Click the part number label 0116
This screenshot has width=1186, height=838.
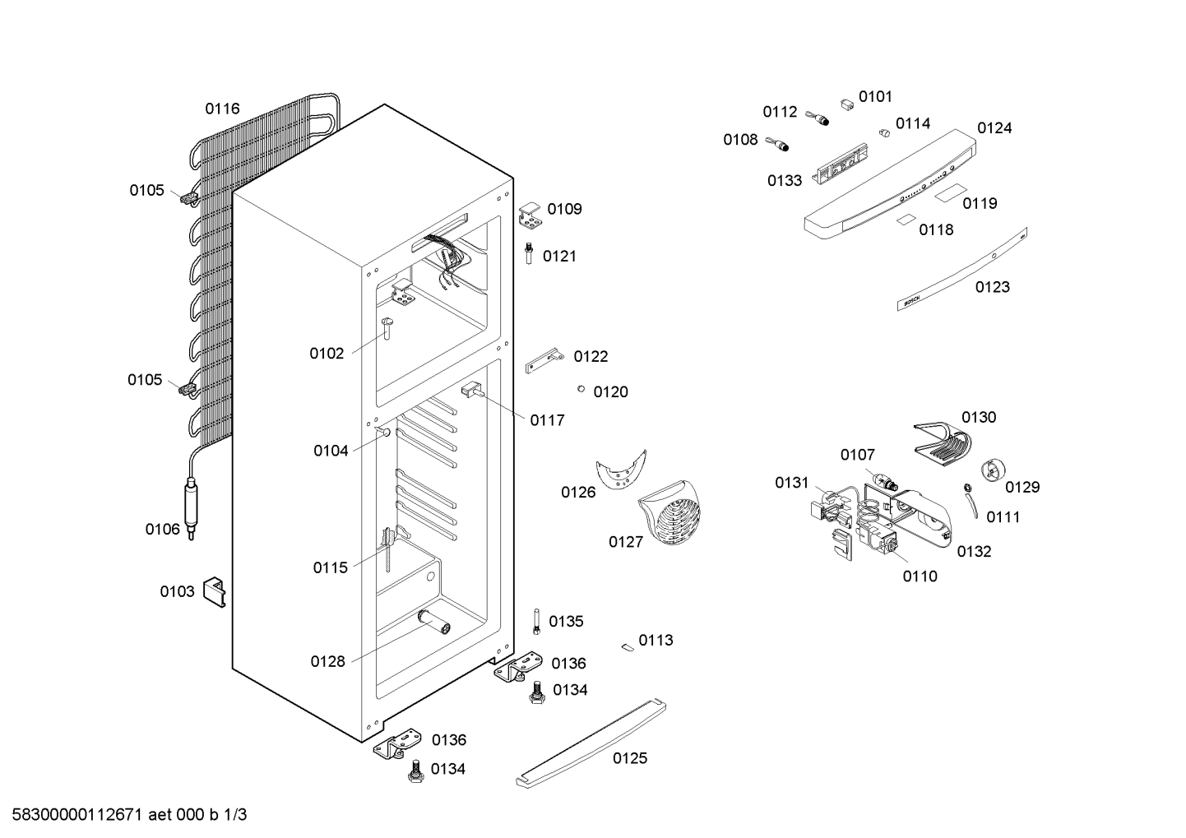(222, 109)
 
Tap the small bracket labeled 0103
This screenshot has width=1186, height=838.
(215, 592)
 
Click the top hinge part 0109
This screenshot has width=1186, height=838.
(530, 215)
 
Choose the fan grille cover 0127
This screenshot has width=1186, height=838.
(669, 512)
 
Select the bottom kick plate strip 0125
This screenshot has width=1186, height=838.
(591, 743)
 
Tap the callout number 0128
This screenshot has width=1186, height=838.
(327, 661)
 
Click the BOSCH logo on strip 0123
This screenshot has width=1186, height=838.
(912, 300)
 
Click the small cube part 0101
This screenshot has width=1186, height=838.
(847, 104)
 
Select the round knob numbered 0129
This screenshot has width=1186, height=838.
(994, 470)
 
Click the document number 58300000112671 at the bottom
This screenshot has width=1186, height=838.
(77, 815)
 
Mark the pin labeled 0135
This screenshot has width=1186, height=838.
(536, 622)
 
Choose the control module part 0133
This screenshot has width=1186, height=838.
(842, 164)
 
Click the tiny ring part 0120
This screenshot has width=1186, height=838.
(581, 389)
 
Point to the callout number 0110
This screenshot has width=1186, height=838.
(920, 576)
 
